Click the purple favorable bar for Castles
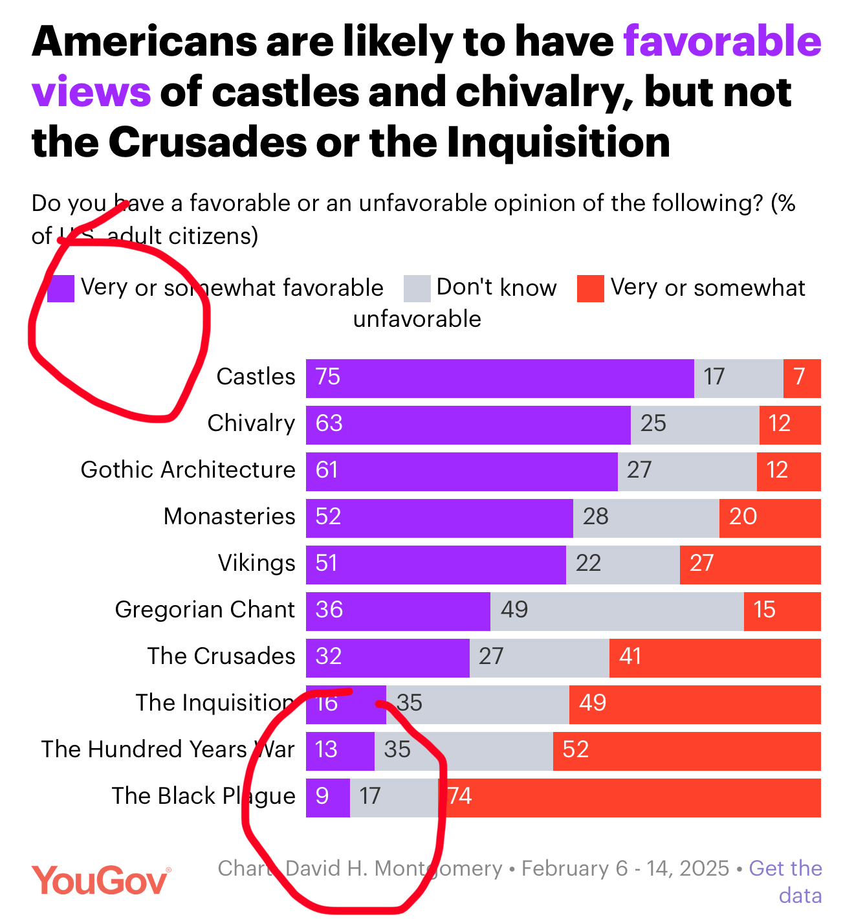click(x=499, y=378)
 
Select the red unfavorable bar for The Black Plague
click(x=631, y=797)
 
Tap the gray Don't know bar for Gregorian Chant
click(x=617, y=611)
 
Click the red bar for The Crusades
click(x=715, y=658)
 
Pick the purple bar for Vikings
click(x=435, y=564)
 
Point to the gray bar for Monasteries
click(x=646, y=518)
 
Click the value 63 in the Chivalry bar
click(x=329, y=423)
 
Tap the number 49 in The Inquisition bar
click(x=592, y=703)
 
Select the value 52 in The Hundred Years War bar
click(x=575, y=749)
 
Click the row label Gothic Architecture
click(x=188, y=470)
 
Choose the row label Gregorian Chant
click(x=204, y=610)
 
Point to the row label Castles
click(x=256, y=377)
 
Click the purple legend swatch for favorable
click(x=61, y=289)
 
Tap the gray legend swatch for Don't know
click(x=417, y=289)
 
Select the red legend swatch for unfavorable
click(x=590, y=289)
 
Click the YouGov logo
click(x=101, y=880)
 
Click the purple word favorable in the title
click(x=722, y=41)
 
